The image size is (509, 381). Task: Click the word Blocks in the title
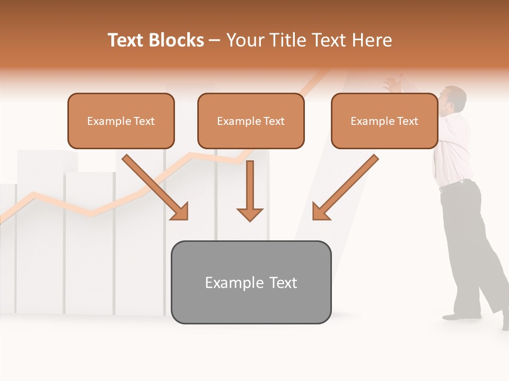coord(176,40)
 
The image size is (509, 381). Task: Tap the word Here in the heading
coord(372,40)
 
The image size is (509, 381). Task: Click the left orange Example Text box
coord(121,121)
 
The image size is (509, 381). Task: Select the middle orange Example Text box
coord(251,121)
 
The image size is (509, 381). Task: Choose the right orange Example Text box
coord(384,121)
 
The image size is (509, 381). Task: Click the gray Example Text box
coord(251,282)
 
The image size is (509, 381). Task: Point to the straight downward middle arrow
coord(250,190)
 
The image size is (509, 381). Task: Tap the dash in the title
coord(215,41)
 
